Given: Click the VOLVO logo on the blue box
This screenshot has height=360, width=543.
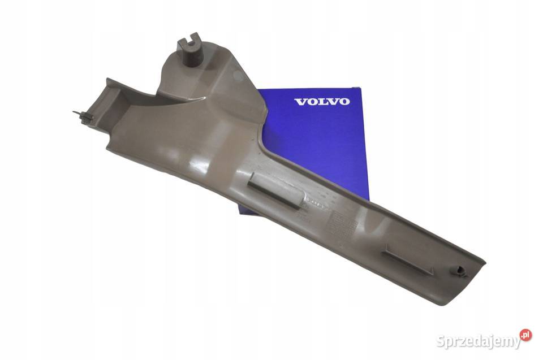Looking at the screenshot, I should [x=322, y=102].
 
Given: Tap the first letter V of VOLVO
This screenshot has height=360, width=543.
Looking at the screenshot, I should [x=299, y=102].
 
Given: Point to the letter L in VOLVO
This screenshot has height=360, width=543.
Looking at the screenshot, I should [x=321, y=102].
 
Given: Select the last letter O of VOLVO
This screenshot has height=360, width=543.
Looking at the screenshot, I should [x=344, y=102].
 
